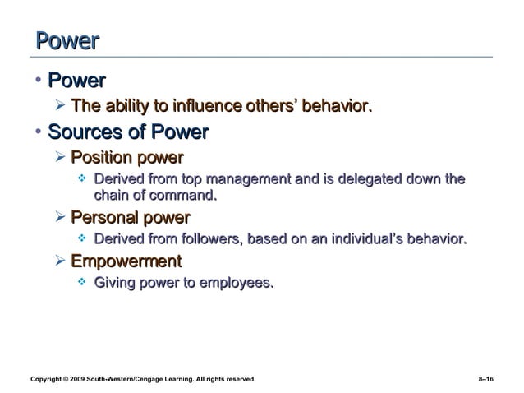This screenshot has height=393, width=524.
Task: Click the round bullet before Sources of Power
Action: coord(39,132)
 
